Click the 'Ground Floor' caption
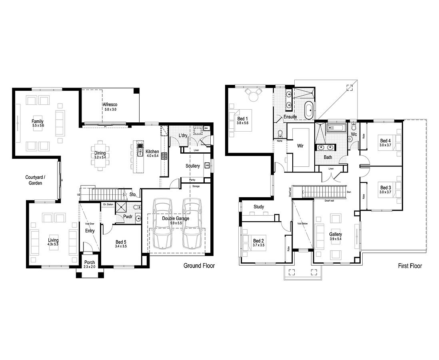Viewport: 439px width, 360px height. pyautogui.click(x=199, y=266)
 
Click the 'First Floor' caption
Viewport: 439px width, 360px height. pyautogui.click(x=410, y=266)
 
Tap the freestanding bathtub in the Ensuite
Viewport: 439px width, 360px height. pyautogui.click(x=308, y=110)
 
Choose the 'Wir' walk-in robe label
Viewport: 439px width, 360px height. pyautogui.click(x=300, y=146)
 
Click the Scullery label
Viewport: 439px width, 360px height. pyautogui.click(x=193, y=166)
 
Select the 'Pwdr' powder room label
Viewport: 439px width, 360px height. pyautogui.click(x=128, y=216)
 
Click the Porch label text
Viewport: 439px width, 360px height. pyautogui.click(x=90, y=263)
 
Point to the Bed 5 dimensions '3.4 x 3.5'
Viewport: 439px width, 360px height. pyautogui.click(x=121, y=246)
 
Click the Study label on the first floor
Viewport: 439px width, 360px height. pyautogui.click(x=259, y=207)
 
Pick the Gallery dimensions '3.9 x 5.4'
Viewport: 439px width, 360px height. pyautogui.click(x=335, y=239)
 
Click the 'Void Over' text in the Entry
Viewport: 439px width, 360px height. pyautogui.click(x=90, y=224)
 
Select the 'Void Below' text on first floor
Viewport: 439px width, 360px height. pyautogui.click(x=302, y=224)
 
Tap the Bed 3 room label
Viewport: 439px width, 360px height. pyautogui.click(x=385, y=188)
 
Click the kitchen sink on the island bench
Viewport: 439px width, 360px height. pyautogui.click(x=140, y=151)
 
